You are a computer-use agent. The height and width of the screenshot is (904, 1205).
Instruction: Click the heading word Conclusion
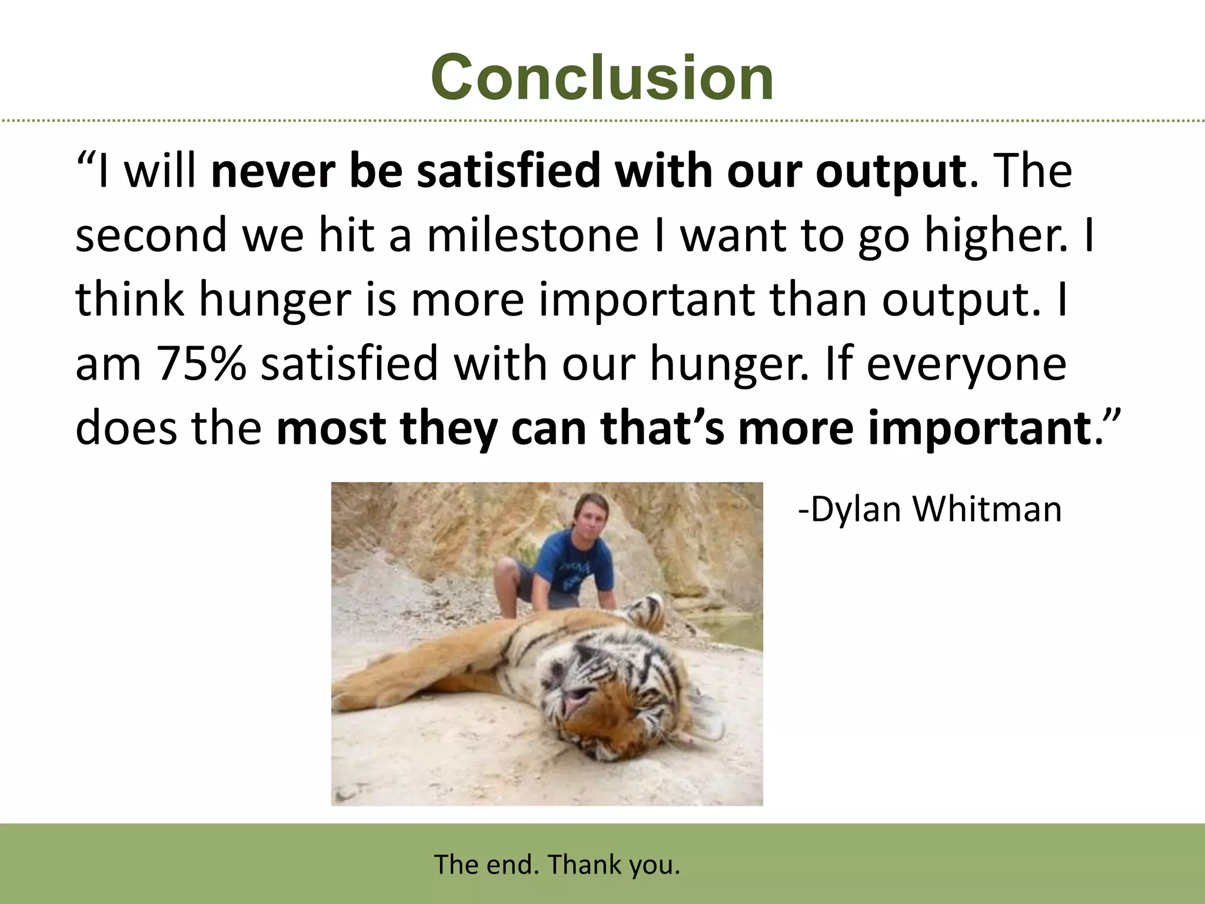602,78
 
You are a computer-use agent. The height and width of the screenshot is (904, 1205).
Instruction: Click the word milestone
532,235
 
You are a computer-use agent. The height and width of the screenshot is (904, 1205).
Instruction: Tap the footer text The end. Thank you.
557,865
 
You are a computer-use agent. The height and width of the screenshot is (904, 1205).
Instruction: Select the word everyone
966,363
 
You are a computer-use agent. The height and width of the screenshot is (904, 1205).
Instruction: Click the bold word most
331,428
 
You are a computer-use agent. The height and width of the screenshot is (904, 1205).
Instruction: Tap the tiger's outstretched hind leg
412,671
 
